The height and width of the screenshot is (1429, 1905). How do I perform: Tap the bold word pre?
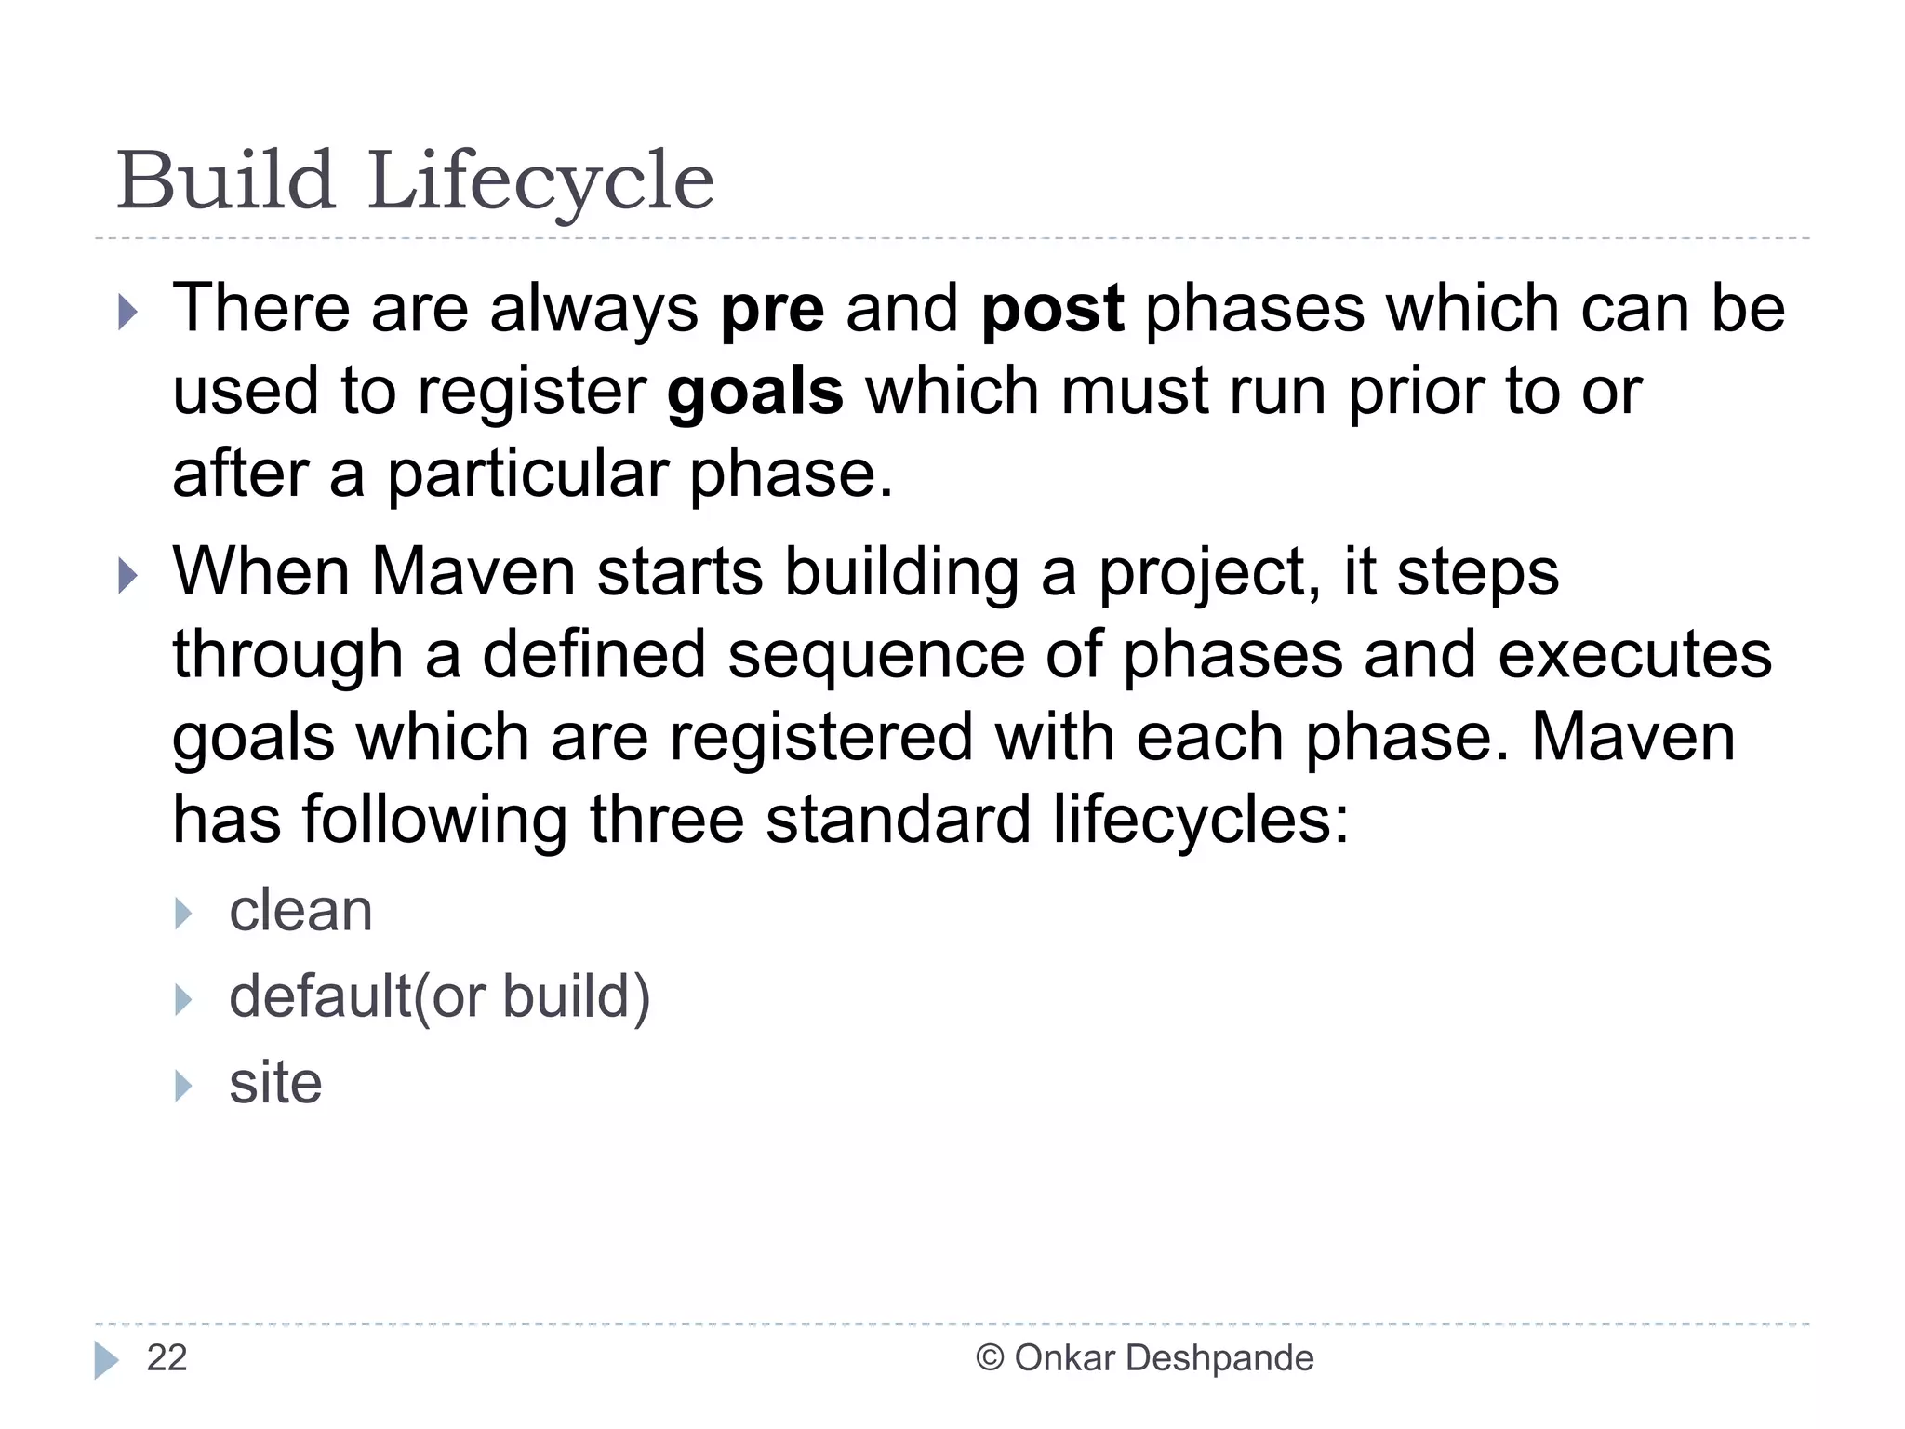click(772, 310)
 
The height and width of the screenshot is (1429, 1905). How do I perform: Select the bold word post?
click(1052, 310)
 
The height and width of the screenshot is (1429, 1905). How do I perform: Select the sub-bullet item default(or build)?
click(439, 997)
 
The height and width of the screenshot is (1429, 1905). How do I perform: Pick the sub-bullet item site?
click(275, 1083)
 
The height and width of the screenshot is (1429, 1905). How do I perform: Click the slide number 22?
click(167, 1358)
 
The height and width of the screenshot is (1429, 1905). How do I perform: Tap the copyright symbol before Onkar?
click(990, 1358)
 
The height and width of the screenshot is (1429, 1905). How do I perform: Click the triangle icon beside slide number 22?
click(106, 1360)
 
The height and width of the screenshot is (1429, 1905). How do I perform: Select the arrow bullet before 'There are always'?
click(128, 312)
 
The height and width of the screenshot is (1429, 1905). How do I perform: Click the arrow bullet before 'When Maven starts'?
click(128, 576)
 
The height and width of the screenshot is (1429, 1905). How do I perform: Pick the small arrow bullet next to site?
click(183, 1086)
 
